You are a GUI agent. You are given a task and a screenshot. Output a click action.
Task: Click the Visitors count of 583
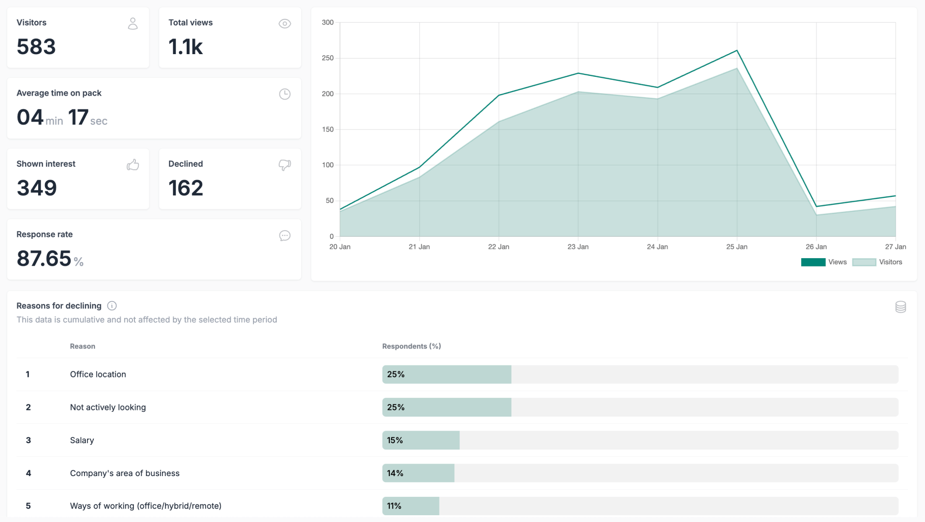(36, 47)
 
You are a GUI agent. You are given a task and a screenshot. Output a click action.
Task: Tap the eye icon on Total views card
(285, 24)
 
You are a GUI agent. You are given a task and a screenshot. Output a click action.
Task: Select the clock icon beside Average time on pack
(285, 94)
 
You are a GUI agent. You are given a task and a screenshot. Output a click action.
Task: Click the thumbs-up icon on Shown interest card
(133, 165)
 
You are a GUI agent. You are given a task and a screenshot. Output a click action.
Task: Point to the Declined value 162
(186, 188)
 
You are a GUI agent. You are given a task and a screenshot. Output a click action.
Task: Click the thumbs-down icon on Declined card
(285, 165)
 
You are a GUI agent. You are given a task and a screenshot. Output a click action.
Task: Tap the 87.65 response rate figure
(44, 259)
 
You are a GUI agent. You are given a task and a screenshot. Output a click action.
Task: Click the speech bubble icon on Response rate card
(285, 235)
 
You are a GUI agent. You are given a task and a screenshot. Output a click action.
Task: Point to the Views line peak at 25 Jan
(736, 50)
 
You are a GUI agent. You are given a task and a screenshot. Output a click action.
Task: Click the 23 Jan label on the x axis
(578, 246)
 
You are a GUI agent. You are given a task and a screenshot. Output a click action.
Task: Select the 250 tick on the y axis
(328, 58)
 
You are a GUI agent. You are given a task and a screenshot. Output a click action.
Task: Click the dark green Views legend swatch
(813, 262)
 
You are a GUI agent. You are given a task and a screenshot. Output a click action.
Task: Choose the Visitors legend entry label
(890, 262)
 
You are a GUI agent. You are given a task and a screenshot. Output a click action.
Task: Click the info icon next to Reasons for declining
(112, 305)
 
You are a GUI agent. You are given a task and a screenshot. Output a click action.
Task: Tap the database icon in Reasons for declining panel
(900, 307)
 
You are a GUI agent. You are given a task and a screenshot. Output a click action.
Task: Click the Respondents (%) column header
(411, 346)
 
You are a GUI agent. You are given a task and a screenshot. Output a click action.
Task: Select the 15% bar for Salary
(421, 440)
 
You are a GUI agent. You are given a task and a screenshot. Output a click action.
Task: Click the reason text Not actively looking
(108, 407)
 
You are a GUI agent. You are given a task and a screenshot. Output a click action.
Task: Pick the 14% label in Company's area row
(395, 473)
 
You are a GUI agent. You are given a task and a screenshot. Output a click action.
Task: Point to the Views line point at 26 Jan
(816, 206)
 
